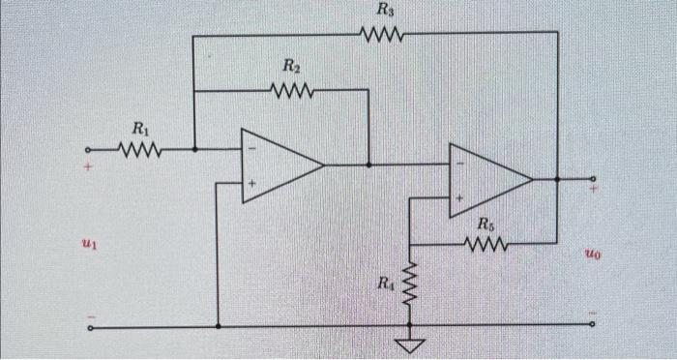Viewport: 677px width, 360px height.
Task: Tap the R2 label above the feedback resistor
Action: [291, 68]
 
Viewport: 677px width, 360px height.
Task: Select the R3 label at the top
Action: [385, 12]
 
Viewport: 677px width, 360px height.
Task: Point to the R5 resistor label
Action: [487, 225]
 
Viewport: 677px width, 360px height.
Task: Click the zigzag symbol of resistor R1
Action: [140, 150]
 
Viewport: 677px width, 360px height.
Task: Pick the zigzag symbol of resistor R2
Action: [292, 91]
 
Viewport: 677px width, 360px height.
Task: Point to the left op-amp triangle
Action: [280, 165]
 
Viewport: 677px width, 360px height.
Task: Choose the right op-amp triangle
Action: [489, 180]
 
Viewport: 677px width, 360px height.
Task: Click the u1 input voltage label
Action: [89, 248]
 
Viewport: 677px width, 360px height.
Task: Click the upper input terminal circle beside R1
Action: [90, 150]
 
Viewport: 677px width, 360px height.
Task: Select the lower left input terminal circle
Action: [91, 327]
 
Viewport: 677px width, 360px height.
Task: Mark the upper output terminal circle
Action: [593, 179]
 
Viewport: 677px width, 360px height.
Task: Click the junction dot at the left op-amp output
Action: [369, 165]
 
